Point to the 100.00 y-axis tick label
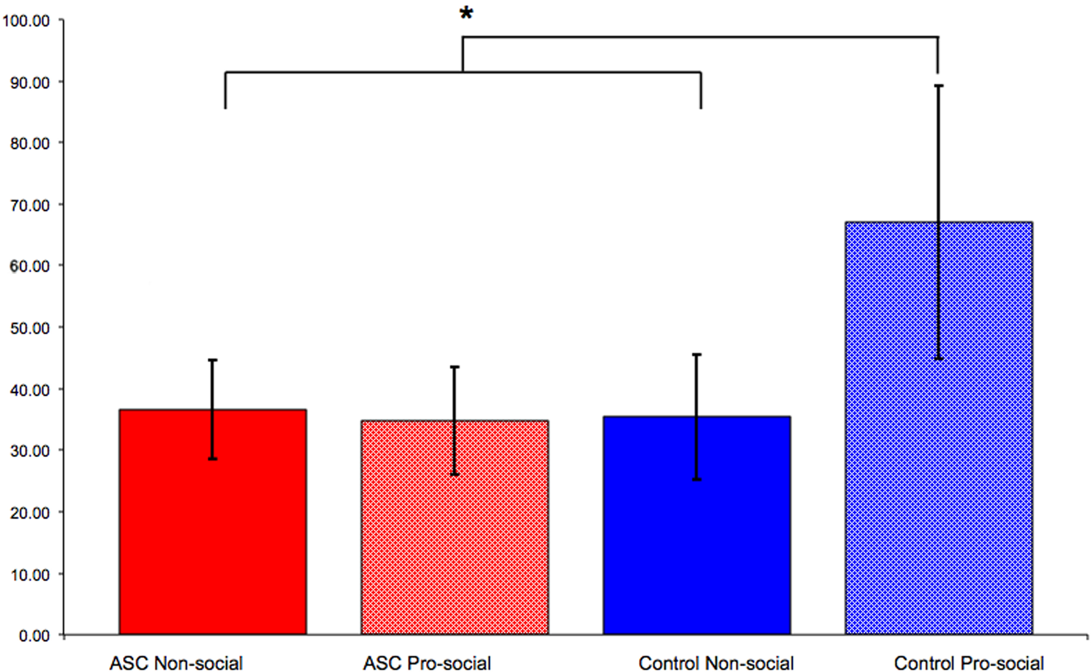(26, 21)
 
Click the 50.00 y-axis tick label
(30, 328)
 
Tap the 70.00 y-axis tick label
(30, 205)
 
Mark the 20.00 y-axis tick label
(30, 512)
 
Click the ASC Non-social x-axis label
(176, 663)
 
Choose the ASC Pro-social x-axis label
(427, 663)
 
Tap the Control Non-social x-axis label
(716, 663)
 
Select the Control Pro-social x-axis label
(968, 663)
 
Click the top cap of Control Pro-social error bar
(938, 86)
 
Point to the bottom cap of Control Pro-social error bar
(938, 358)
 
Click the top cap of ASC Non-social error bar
(212, 360)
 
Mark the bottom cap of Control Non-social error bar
(697, 479)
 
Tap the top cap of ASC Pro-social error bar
(454, 367)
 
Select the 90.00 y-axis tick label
(30, 83)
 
